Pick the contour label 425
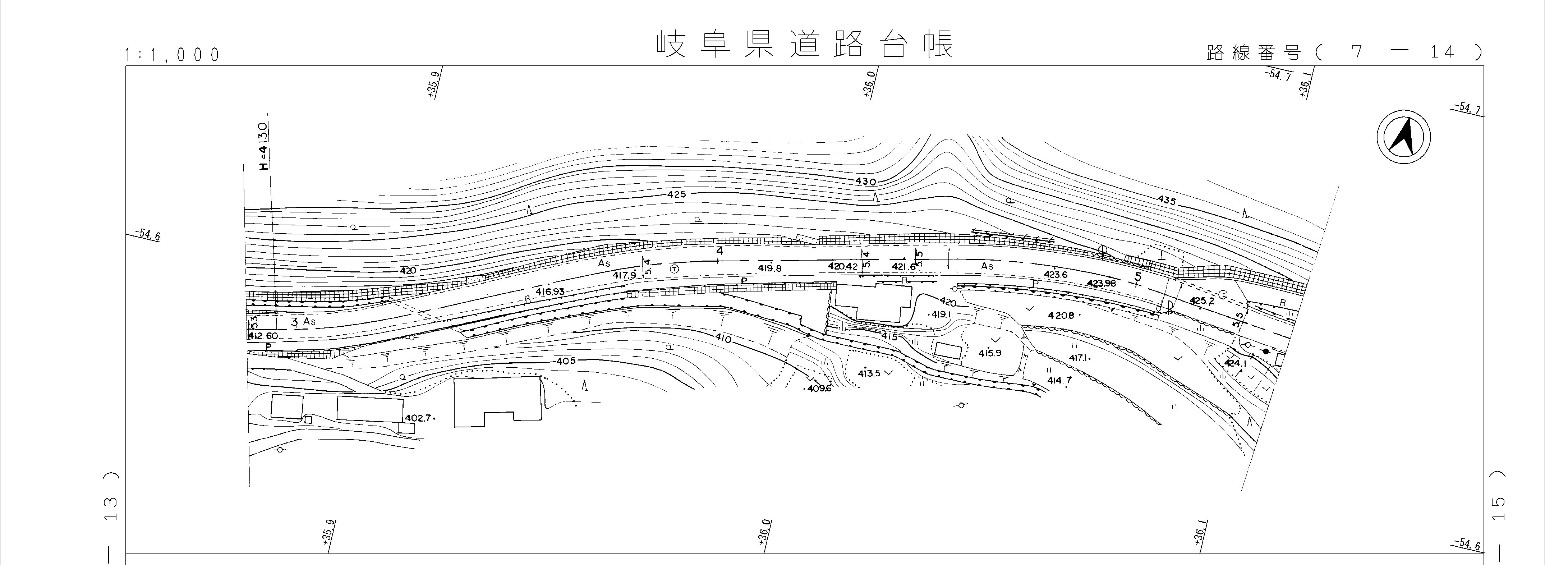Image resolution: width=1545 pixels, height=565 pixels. click(x=675, y=194)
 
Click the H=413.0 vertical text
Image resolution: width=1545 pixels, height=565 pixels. click(x=263, y=147)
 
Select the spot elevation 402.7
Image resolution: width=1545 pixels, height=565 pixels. click(x=418, y=418)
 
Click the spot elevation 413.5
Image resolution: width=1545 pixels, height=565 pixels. click(x=869, y=373)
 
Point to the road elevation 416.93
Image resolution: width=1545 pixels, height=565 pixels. click(x=551, y=291)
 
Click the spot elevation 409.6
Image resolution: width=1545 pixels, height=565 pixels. click(x=819, y=389)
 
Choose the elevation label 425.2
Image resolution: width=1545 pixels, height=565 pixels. click(x=1201, y=301)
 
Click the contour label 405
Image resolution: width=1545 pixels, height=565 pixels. click(x=566, y=361)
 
